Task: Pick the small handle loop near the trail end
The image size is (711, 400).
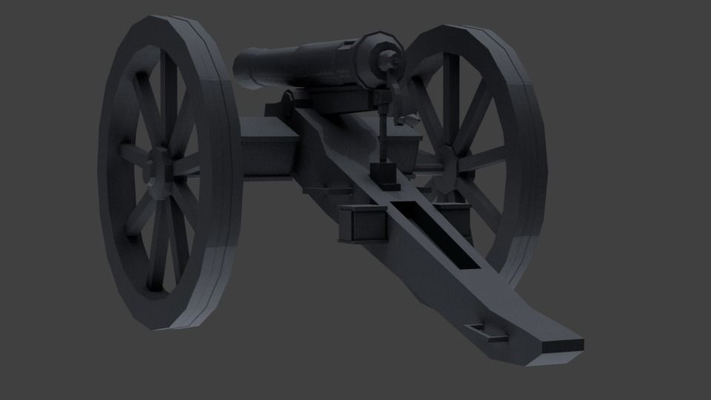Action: tap(486, 331)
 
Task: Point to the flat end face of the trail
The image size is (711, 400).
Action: tap(562, 344)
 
